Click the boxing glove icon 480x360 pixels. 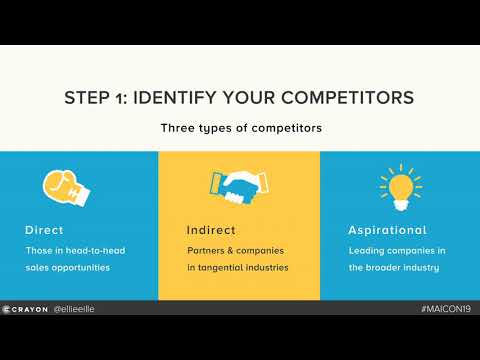[61, 186]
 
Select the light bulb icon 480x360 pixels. [399, 185]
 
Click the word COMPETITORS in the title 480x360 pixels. [347, 98]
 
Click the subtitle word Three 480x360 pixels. [177, 128]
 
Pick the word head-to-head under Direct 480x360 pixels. [95, 249]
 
